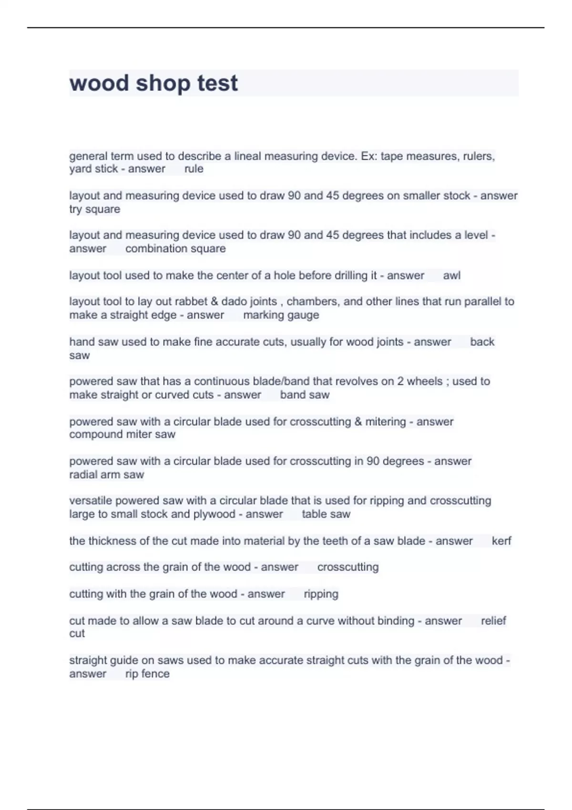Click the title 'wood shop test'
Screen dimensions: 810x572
coord(153,83)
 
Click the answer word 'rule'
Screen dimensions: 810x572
coord(194,169)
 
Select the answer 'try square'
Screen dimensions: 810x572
coord(94,209)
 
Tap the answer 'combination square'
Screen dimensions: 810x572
coord(175,248)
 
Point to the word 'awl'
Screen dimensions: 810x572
coord(451,275)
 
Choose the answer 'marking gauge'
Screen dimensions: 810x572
coord(281,315)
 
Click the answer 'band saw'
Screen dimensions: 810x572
coord(305,395)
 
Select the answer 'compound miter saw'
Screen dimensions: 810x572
coord(122,434)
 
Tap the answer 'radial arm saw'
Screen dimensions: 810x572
coord(106,475)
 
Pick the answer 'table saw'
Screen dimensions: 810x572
coord(326,514)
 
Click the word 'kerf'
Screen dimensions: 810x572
coord(501,541)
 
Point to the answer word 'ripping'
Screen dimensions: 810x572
coord(321,594)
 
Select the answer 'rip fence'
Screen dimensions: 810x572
coord(147,674)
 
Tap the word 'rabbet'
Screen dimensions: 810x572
coord(192,302)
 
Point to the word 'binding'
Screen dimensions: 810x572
coord(396,621)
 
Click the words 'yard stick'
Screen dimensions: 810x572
coord(93,169)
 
